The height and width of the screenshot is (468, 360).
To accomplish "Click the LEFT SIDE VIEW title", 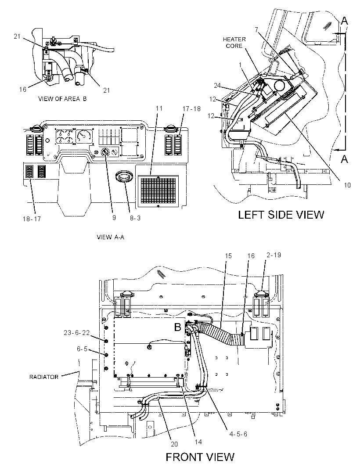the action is pyautogui.click(x=281, y=215).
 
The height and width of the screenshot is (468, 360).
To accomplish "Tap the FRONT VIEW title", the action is pyautogui.click(x=200, y=457).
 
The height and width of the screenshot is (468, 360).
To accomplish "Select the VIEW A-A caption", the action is pyautogui.click(x=111, y=237).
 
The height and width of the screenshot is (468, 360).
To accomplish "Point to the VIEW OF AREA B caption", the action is pyautogui.click(x=62, y=99).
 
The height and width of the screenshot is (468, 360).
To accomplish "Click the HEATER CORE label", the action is pyautogui.click(x=234, y=43).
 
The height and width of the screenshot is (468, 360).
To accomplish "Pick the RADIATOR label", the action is pyautogui.click(x=44, y=377).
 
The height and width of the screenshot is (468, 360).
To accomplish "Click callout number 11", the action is pyautogui.click(x=159, y=108).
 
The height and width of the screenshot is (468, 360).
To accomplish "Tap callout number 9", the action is pyautogui.click(x=114, y=218).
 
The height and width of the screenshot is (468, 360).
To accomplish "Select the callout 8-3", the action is pyautogui.click(x=135, y=218).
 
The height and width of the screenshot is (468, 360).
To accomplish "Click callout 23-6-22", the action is pyautogui.click(x=77, y=332).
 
